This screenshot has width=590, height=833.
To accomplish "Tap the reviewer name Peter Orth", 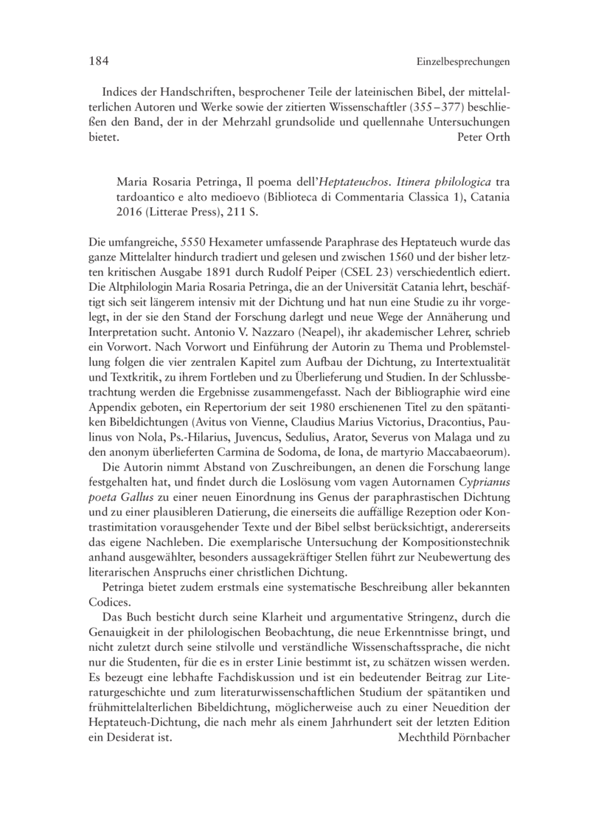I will click(x=484, y=136).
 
